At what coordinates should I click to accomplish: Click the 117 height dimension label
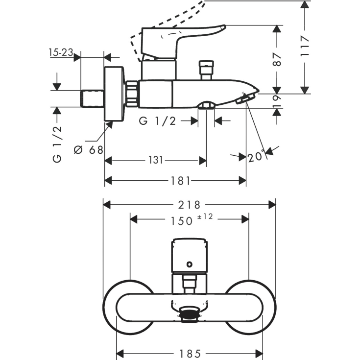click(x=305, y=47)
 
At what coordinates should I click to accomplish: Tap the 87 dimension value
click(x=278, y=59)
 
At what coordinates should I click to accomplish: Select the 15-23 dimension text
click(x=61, y=52)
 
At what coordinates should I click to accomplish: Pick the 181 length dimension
click(x=180, y=181)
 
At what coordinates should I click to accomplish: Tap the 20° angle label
click(x=255, y=156)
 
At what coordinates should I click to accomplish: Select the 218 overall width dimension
click(x=190, y=204)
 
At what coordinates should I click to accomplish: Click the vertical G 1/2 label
click(x=57, y=143)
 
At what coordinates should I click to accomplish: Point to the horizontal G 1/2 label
click(x=158, y=121)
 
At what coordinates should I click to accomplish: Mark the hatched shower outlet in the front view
click(x=189, y=314)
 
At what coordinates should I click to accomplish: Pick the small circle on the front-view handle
click(x=190, y=264)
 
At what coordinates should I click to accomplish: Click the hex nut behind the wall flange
click(x=133, y=94)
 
